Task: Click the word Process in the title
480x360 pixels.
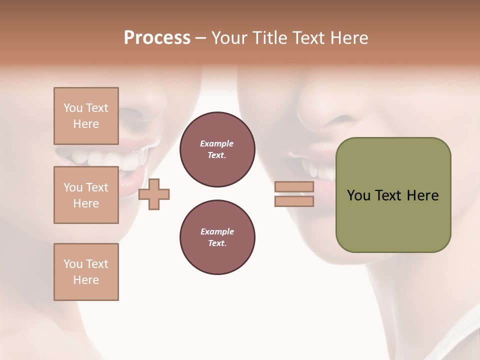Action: (x=157, y=38)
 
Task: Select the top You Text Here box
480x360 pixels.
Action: (x=86, y=116)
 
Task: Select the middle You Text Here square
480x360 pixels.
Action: (x=86, y=195)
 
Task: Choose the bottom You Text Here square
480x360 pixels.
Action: (x=86, y=272)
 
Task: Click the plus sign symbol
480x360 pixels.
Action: (x=154, y=194)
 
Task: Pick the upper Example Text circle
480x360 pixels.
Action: (x=217, y=149)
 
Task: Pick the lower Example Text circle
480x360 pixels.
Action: (x=217, y=237)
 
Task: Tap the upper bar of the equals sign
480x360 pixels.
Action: (x=294, y=187)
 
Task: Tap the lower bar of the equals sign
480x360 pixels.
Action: (x=294, y=201)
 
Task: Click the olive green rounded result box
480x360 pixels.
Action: (x=393, y=220)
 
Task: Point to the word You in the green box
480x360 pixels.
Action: (x=358, y=195)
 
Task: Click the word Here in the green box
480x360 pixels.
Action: (x=422, y=195)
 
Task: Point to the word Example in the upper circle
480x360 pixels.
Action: (x=217, y=143)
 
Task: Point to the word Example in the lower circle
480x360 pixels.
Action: (x=217, y=231)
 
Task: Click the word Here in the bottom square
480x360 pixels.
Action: (x=86, y=280)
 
